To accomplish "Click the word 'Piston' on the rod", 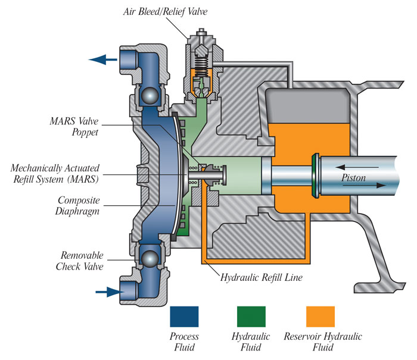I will [355, 177].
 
